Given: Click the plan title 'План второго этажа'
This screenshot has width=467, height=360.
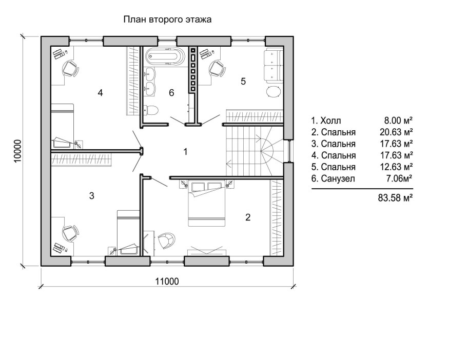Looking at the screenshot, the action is coord(167,19).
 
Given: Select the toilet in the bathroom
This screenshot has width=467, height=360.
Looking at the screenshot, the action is coord(151,110).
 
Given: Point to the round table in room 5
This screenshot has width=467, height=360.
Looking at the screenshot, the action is coord(273,91).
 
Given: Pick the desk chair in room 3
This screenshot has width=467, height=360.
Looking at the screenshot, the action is coord(71,233).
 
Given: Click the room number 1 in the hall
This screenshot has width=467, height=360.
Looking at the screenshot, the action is coord(185,152).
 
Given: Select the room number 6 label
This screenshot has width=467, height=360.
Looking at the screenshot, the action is coord(171,93).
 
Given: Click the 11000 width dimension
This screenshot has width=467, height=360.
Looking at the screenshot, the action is coord(167,281).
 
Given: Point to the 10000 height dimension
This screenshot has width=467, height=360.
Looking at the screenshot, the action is coord(17,151).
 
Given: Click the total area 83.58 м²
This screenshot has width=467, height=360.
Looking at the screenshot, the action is coord(395,198).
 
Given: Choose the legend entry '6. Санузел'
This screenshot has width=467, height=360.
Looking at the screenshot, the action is coord(333,178).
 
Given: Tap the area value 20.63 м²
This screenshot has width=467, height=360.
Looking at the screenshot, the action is coord(396,132).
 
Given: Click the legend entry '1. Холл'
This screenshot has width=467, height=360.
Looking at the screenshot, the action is coord(326,121).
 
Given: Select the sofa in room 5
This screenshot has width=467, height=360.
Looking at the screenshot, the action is coord(273,66).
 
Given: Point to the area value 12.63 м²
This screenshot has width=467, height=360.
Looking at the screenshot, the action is coord(396,167).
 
